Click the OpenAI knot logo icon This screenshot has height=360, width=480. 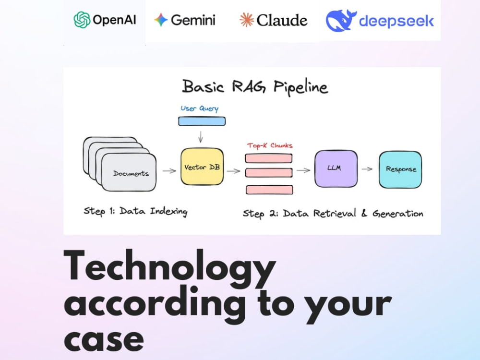(x=82, y=20)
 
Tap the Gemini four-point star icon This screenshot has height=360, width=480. (x=161, y=20)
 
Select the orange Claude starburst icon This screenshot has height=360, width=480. (x=247, y=20)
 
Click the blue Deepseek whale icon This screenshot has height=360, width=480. (x=341, y=21)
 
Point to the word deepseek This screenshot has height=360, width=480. (x=396, y=21)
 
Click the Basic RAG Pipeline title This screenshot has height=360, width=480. (x=255, y=86)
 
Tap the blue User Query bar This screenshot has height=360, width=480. (x=202, y=121)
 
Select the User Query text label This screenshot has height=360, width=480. (x=199, y=108)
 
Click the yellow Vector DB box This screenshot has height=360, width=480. (x=202, y=167)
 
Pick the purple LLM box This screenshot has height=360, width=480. (x=336, y=168)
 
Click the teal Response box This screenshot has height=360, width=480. (x=400, y=169)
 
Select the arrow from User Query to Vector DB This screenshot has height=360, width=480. (x=201, y=137)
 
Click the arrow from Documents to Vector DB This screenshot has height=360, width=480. (x=169, y=171)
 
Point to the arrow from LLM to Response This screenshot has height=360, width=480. (x=367, y=168)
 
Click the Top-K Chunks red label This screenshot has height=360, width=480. (x=270, y=145)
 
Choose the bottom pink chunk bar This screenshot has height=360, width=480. (x=269, y=190)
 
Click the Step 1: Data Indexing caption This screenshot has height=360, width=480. (x=136, y=211)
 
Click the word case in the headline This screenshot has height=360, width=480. (x=104, y=340)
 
